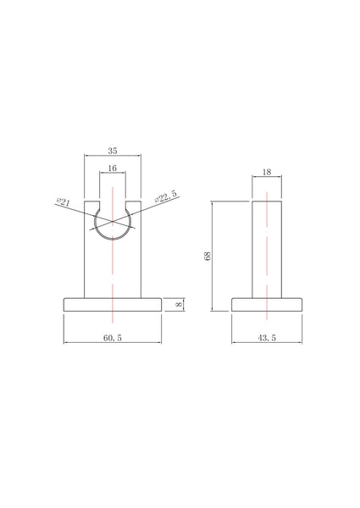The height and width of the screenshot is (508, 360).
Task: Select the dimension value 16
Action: click(112, 168)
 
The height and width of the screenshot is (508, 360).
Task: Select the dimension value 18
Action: click(267, 173)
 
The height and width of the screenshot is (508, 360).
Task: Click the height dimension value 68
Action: click(207, 256)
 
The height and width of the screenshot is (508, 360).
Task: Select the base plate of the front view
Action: click(112, 305)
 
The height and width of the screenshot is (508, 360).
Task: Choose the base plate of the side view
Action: click(267, 305)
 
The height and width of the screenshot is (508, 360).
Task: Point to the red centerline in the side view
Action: click(267, 279)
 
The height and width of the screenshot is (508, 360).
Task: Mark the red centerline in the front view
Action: click(112, 271)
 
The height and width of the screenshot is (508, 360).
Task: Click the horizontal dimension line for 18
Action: click(258, 178)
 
